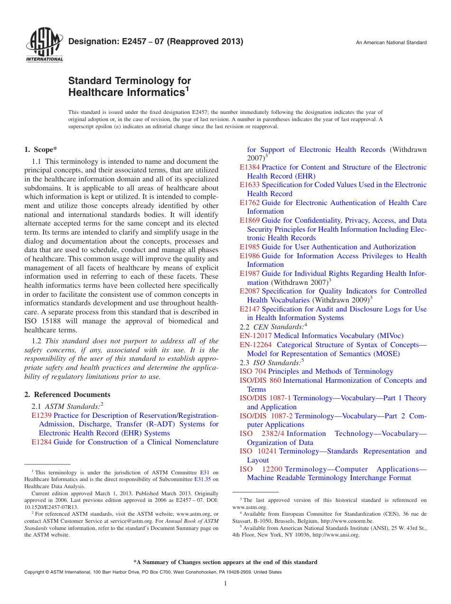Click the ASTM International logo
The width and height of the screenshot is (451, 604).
[x=44, y=46]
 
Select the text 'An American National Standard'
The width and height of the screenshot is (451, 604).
[x=391, y=43]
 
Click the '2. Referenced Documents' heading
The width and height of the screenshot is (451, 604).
[x=67, y=395]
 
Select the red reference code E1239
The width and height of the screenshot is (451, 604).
[x=41, y=415]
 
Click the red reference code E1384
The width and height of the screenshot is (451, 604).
[x=250, y=167]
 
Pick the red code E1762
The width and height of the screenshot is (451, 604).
[x=250, y=203]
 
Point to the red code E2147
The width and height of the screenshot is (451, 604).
[x=250, y=309]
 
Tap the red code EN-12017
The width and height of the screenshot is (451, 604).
[x=255, y=336]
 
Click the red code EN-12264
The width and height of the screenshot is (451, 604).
[x=255, y=345]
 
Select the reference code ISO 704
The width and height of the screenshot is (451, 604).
[x=253, y=371]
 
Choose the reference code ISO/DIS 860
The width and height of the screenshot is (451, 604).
[x=260, y=380]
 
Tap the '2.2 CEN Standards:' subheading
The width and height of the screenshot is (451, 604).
[x=272, y=327]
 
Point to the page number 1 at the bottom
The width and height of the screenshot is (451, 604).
[x=225, y=584]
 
